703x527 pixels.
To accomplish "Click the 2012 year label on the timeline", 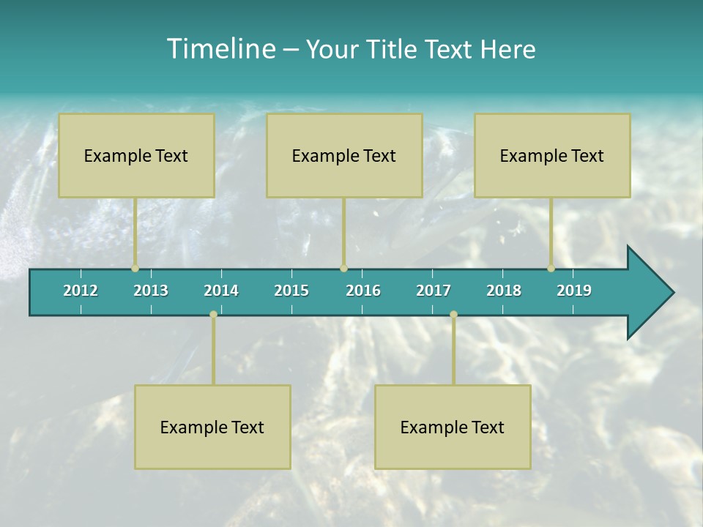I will pyautogui.click(x=81, y=291).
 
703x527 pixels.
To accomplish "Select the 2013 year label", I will pyautogui.click(x=151, y=291).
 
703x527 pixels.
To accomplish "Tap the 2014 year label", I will pyautogui.click(x=221, y=291).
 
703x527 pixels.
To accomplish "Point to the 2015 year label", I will pyautogui.click(x=291, y=291).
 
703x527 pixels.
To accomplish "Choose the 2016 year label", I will pyautogui.click(x=363, y=291).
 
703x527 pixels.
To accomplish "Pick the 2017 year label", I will pyautogui.click(x=434, y=291).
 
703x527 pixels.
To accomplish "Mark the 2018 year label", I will pyautogui.click(x=504, y=291).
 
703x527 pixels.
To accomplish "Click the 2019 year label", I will pyautogui.click(x=574, y=291).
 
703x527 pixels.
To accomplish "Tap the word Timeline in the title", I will pyautogui.click(x=220, y=49).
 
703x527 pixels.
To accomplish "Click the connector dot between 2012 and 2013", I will pyautogui.click(x=135, y=269).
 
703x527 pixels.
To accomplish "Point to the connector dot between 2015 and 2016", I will pyautogui.click(x=343, y=269).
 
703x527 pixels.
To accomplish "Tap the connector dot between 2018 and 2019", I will pyautogui.click(x=551, y=269).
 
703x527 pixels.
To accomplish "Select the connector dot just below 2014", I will pyautogui.click(x=213, y=314).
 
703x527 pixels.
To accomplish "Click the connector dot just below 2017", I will pyautogui.click(x=453, y=314).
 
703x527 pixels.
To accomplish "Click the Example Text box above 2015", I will pyautogui.click(x=344, y=155).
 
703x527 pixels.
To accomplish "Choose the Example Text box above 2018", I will pyautogui.click(x=552, y=155).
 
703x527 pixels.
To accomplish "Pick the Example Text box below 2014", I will pyautogui.click(x=212, y=427).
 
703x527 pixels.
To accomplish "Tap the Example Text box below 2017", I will pyautogui.click(x=453, y=427).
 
